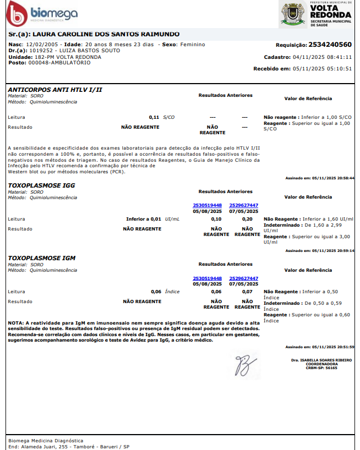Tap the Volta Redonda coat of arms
point(293,13)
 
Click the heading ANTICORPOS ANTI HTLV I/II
point(55,89)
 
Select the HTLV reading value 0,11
point(154,117)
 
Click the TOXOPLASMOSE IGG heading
point(42,185)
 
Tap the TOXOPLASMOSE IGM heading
point(42,257)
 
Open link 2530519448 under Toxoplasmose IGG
point(207,205)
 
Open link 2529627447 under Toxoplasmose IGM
point(243,278)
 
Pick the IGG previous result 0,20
point(247,219)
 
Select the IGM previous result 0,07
point(247,292)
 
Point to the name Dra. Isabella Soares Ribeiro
point(322,360)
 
